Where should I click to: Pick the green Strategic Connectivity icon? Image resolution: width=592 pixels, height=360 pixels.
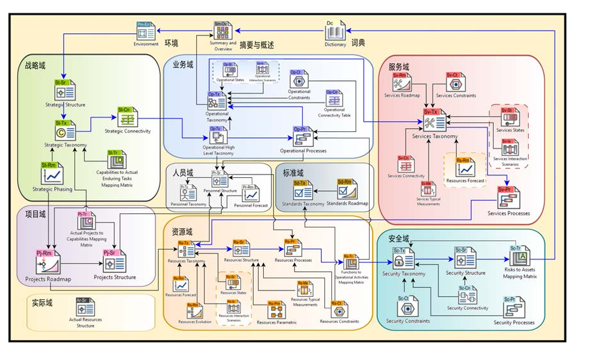127,119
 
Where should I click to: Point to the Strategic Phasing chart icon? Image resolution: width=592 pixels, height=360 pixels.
50,173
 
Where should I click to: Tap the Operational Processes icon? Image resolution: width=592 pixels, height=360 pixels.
303,136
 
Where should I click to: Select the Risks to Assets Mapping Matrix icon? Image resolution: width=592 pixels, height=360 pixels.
520,256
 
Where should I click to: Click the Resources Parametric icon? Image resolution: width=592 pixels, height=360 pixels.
275,310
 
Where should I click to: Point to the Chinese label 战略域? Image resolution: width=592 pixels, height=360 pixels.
36,65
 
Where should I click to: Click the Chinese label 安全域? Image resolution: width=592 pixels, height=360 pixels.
398,238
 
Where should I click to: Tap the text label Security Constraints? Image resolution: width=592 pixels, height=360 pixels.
408,320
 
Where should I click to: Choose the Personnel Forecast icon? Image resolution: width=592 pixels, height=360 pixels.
250,193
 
